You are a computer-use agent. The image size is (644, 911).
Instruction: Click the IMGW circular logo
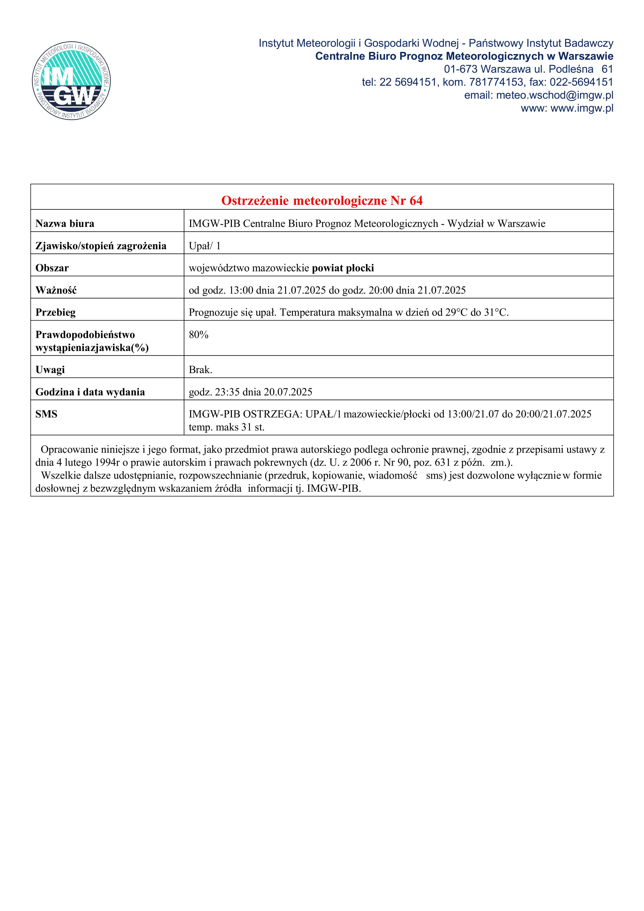71,81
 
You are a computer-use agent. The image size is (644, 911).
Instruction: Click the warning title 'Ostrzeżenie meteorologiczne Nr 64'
322,201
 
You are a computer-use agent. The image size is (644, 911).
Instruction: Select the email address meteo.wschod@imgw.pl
554,95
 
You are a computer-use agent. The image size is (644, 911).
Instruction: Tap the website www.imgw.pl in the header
582,108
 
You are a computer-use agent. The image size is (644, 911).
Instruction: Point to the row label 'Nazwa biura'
65,224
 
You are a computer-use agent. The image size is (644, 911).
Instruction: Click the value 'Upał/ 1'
204,246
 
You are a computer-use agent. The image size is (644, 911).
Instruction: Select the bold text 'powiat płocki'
343,268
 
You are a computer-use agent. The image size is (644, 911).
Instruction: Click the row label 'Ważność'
56,291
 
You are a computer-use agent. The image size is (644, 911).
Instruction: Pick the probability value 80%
198,335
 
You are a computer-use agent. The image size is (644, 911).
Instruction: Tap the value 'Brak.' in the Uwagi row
200,370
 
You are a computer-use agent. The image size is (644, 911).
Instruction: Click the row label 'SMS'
46,414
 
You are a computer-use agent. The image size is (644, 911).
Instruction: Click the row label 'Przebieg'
56,313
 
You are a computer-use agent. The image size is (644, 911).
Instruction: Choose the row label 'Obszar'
52,268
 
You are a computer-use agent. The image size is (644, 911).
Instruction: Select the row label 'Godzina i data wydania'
90,392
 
